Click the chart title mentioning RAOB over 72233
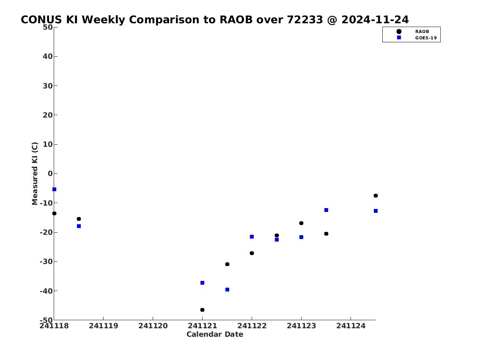click(214, 19)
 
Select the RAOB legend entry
click(413, 32)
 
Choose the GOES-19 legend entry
click(417, 38)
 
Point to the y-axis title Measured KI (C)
click(35, 173)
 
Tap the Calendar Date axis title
click(215, 334)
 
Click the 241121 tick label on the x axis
click(202, 326)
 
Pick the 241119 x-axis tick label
click(104, 326)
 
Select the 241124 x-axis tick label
click(351, 326)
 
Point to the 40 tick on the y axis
click(48, 56)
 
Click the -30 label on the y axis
click(46, 262)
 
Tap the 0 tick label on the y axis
click(50, 173)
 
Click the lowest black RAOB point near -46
click(202, 310)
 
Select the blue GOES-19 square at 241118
click(54, 190)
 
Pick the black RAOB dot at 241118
click(54, 213)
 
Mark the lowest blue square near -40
click(227, 290)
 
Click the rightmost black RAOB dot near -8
click(376, 195)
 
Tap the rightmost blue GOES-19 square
click(376, 211)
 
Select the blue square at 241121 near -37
click(202, 283)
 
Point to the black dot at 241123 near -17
click(301, 223)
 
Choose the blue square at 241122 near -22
click(252, 236)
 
